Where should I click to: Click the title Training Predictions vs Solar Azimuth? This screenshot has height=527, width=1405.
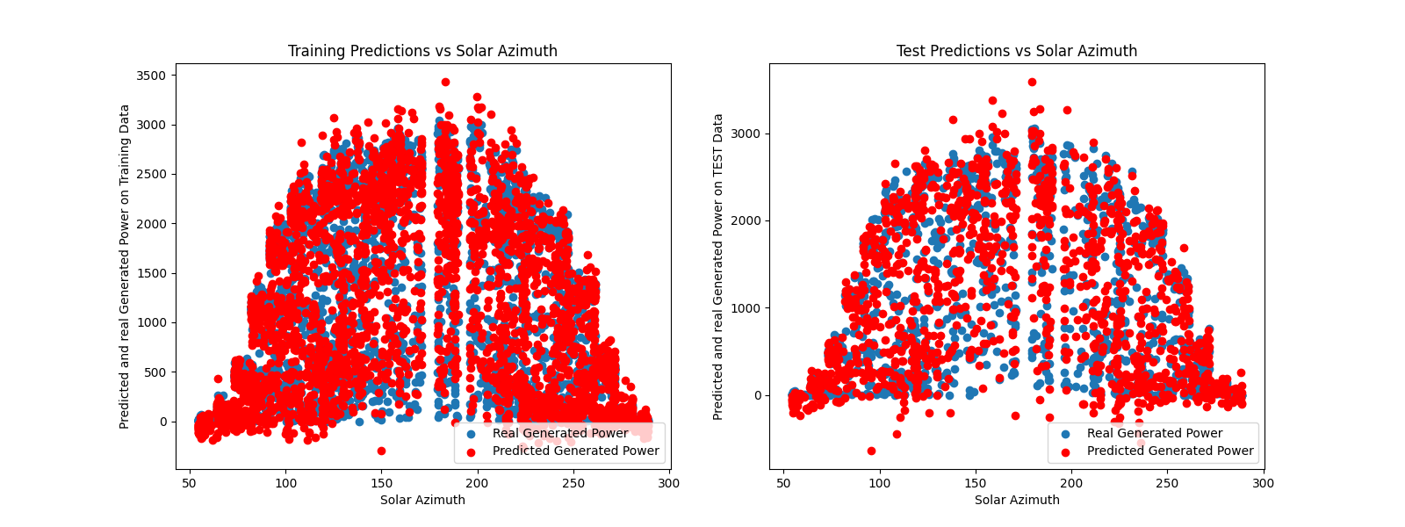[422, 51]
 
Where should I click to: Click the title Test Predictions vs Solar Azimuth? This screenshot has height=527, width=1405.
[1016, 51]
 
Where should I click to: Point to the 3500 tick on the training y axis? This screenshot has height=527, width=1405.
[151, 76]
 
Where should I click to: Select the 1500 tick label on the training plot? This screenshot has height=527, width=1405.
[151, 273]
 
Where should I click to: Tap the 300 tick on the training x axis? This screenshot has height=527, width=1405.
[669, 483]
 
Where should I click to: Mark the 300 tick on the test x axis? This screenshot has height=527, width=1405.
[1263, 483]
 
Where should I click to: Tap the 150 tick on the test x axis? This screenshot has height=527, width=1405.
[976, 483]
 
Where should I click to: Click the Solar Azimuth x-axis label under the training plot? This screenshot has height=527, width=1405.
[422, 500]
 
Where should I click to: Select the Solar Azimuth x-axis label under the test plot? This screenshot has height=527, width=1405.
[1017, 500]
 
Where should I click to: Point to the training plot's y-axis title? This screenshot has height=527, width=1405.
[125, 266]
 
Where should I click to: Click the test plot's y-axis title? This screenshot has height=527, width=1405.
[718, 266]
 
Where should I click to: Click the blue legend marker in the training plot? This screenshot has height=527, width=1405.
[472, 434]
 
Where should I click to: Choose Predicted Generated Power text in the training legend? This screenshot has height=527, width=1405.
[575, 451]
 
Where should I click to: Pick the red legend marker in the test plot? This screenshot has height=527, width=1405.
[1066, 451]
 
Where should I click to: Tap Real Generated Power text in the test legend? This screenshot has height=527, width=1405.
[1155, 433]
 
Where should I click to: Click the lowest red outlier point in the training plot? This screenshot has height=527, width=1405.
[381, 451]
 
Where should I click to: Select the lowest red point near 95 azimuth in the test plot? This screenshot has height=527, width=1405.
[871, 451]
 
